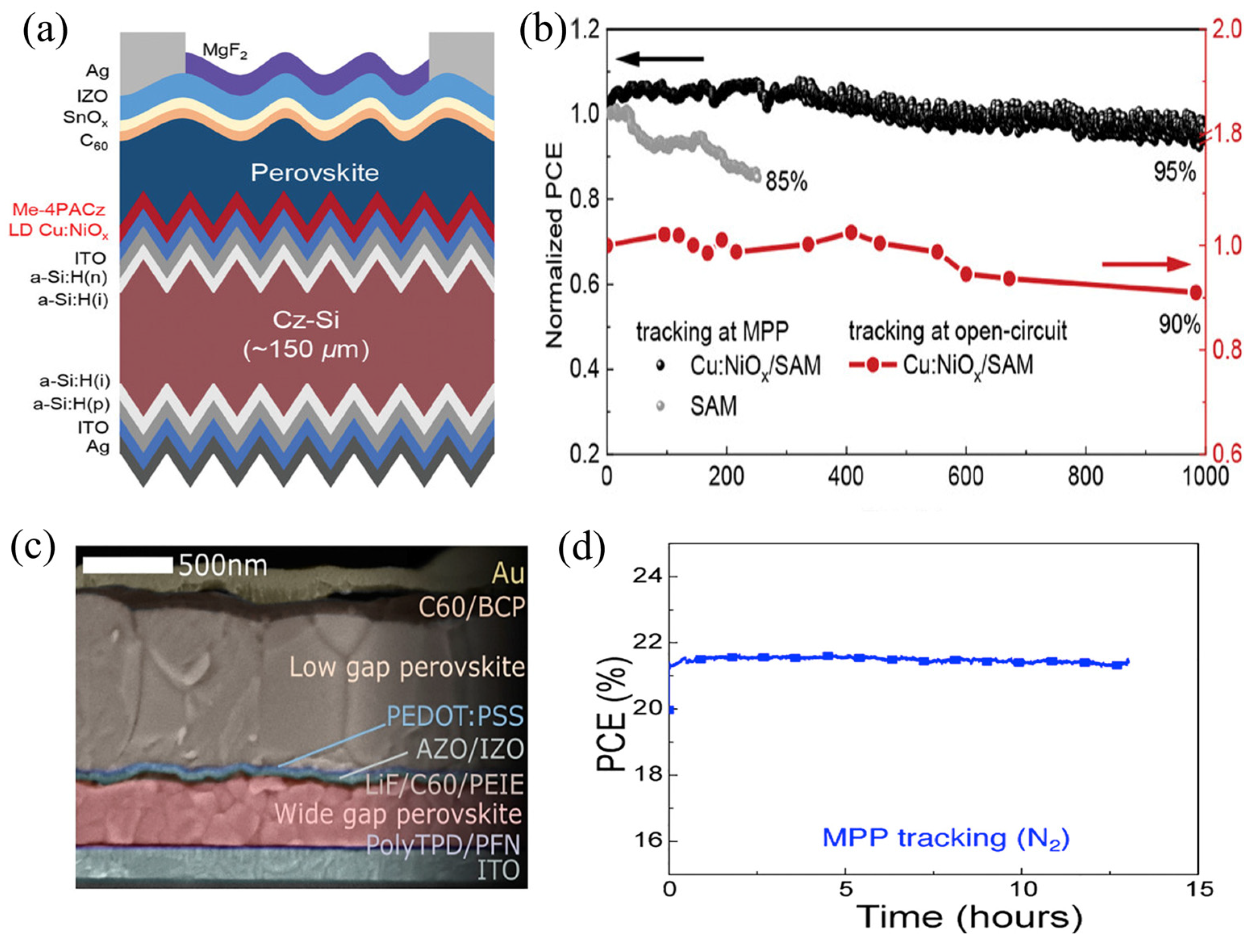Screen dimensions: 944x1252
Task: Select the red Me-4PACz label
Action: (59, 209)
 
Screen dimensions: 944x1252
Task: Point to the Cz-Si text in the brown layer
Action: (306, 320)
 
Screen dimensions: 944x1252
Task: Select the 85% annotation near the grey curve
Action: (786, 182)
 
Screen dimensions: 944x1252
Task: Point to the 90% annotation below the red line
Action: (1179, 324)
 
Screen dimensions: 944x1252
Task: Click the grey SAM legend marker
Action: (660, 406)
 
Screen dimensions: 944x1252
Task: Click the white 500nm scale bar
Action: (127, 565)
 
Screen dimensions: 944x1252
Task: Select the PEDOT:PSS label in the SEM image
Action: (455, 716)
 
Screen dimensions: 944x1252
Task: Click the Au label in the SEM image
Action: (508, 574)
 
